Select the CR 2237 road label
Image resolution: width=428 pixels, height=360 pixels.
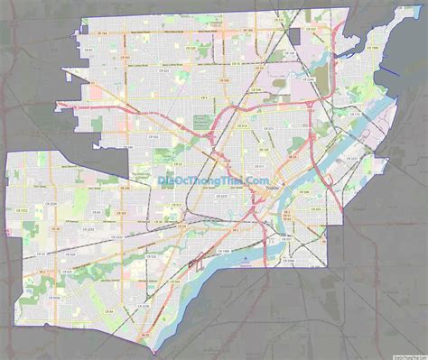(x=302, y=191)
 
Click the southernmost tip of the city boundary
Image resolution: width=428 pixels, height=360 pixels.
(x=156, y=350)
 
